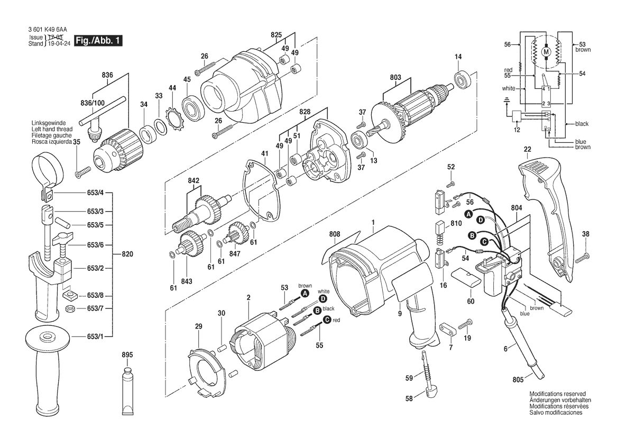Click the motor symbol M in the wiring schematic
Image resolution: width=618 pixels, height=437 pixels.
546,52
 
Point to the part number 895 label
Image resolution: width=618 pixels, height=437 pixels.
128,355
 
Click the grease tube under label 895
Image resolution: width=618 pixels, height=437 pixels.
128,389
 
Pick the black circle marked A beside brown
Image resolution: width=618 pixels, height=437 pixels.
305,293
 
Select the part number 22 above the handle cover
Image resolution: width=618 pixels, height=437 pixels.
528,150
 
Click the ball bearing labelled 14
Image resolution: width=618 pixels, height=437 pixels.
460,80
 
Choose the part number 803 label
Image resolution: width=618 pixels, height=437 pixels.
396,78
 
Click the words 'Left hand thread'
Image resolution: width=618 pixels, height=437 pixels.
52,130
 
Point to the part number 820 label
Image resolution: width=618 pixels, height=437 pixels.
127,254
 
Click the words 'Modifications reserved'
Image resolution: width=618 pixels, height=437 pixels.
557,394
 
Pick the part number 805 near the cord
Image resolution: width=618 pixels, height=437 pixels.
518,380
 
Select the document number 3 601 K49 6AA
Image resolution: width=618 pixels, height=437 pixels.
48,30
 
